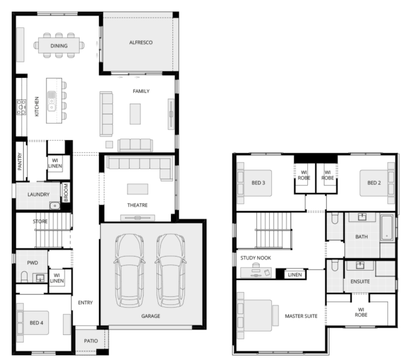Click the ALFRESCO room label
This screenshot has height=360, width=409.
tap(141, 42)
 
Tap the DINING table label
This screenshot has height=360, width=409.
tap(59, 46)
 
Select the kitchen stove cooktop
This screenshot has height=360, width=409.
tap(21, 107)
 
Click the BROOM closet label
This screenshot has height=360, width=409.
tap(66, 192)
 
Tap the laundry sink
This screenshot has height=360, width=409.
tap(55, 206)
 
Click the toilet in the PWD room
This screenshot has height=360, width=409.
tap(24, 277)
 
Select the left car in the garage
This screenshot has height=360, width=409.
tap(129, 270)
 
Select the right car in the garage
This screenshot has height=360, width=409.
tap(171, 270)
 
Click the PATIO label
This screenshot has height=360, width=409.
tap(91, 341)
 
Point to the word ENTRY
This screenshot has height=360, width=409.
tap(85, 303)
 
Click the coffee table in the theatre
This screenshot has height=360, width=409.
tap(138, 189)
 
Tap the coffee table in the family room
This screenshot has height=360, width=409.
tap(135, 114)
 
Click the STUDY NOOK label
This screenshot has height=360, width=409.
tap(256, 258)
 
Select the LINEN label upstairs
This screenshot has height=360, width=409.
tap(295, 275)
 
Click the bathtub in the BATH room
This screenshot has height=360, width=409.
tap(387, 227)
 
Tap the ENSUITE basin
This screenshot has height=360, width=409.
tap(360, 266)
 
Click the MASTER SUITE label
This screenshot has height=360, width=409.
tap(301, 316)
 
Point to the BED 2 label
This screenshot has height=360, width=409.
tap(374, 183)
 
